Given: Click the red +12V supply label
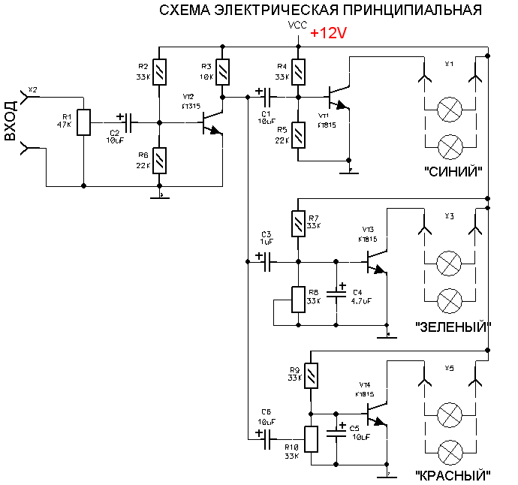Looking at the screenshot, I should click(x=328, y=35).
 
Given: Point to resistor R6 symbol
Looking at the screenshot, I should click(x=158, y=160).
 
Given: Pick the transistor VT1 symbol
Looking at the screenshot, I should click(x=339, y=98).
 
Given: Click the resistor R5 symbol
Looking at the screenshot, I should click(x=300, y=135).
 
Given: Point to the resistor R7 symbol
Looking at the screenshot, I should click(x=300, y=223).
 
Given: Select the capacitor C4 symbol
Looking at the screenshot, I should click(x=336, y=292).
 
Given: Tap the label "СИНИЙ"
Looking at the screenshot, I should click(x=453, y=172).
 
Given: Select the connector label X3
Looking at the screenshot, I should click(x=449, y=216).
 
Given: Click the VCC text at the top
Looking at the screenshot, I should click(x=297, y=26).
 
